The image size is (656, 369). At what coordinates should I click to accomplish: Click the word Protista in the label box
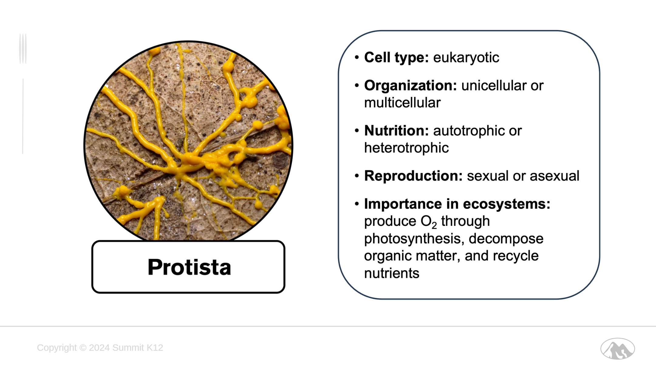pos(189,267)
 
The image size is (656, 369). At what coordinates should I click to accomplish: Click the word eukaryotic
pos(466,58)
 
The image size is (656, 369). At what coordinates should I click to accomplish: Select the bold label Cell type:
pos(396,58)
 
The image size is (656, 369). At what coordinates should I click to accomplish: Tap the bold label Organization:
pos(411,86)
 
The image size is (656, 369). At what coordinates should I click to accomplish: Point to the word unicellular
pos(494,86)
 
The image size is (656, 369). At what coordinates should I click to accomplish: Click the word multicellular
pos(402,103)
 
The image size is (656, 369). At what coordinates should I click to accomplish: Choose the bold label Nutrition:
pos(396,131)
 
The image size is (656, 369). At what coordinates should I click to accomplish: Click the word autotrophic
pos(469,131)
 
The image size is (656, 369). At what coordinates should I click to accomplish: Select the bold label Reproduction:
pos(413,176)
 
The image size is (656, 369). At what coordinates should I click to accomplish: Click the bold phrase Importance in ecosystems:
pos(457,204)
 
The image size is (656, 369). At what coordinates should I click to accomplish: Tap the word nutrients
pos(392,273)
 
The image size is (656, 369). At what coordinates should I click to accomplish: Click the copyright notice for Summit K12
pos(100,348)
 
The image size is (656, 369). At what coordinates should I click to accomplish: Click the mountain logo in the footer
pos(617,349)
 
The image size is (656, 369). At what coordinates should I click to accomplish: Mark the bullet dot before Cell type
pos(357,57)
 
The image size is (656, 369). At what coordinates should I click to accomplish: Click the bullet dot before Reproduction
pos(357,176)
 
